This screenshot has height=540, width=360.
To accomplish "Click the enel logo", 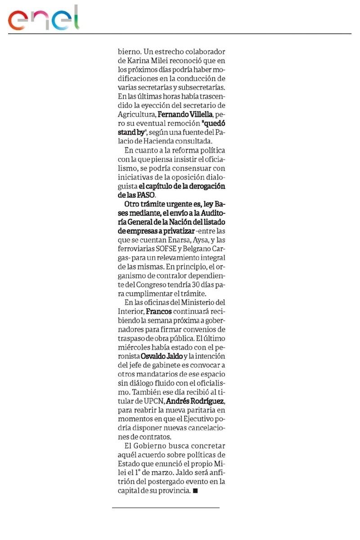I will tap(43, 18).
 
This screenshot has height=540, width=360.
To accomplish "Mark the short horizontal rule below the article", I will tap(166, 508).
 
